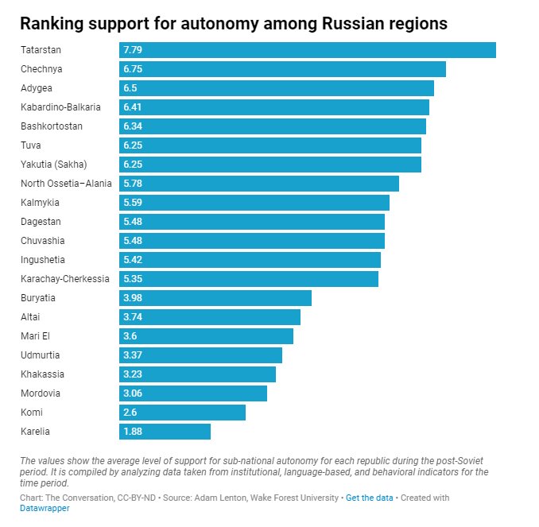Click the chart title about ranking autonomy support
234,24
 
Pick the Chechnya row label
41,69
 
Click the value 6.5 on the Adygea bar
130,88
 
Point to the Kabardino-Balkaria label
60,107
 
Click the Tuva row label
30,145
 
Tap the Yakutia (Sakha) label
53,165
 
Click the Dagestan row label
41,222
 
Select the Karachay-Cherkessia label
65,279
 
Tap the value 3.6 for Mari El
130,336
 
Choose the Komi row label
32,413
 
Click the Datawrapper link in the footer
45,509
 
